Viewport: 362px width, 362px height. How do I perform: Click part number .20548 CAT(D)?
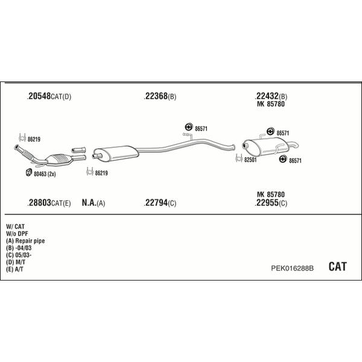click(49, 97)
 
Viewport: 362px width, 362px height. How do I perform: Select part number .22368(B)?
click(160, 97)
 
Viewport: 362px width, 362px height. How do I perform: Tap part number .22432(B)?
click(271, 96)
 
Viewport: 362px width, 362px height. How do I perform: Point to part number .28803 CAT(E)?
click(49, 203)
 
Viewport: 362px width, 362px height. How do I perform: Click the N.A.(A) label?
click(94, 203)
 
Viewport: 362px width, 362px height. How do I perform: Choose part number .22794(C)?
click(160, 203)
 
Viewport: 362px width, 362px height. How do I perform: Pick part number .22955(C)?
click(271, 203)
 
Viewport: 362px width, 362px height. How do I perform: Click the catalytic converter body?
click(59, 159)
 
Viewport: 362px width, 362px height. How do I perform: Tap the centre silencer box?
click(116, 153)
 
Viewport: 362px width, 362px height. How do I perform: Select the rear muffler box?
click(266, 146)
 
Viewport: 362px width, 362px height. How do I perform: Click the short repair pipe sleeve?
click(78, 150)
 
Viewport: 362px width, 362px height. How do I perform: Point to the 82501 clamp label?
click(250, 160)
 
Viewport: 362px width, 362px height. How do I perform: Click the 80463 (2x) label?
click(45, 174)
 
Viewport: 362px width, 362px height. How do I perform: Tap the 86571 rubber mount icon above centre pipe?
click(189, 127)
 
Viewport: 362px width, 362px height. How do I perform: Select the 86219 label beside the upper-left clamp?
click(34, 139)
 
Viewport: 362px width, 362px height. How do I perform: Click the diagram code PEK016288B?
click(292, 268)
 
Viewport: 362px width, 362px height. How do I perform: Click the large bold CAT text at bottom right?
click(337, 267)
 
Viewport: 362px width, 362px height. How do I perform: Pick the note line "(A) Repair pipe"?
click(25, 241)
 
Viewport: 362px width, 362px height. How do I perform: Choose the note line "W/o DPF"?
click(17, 233)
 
